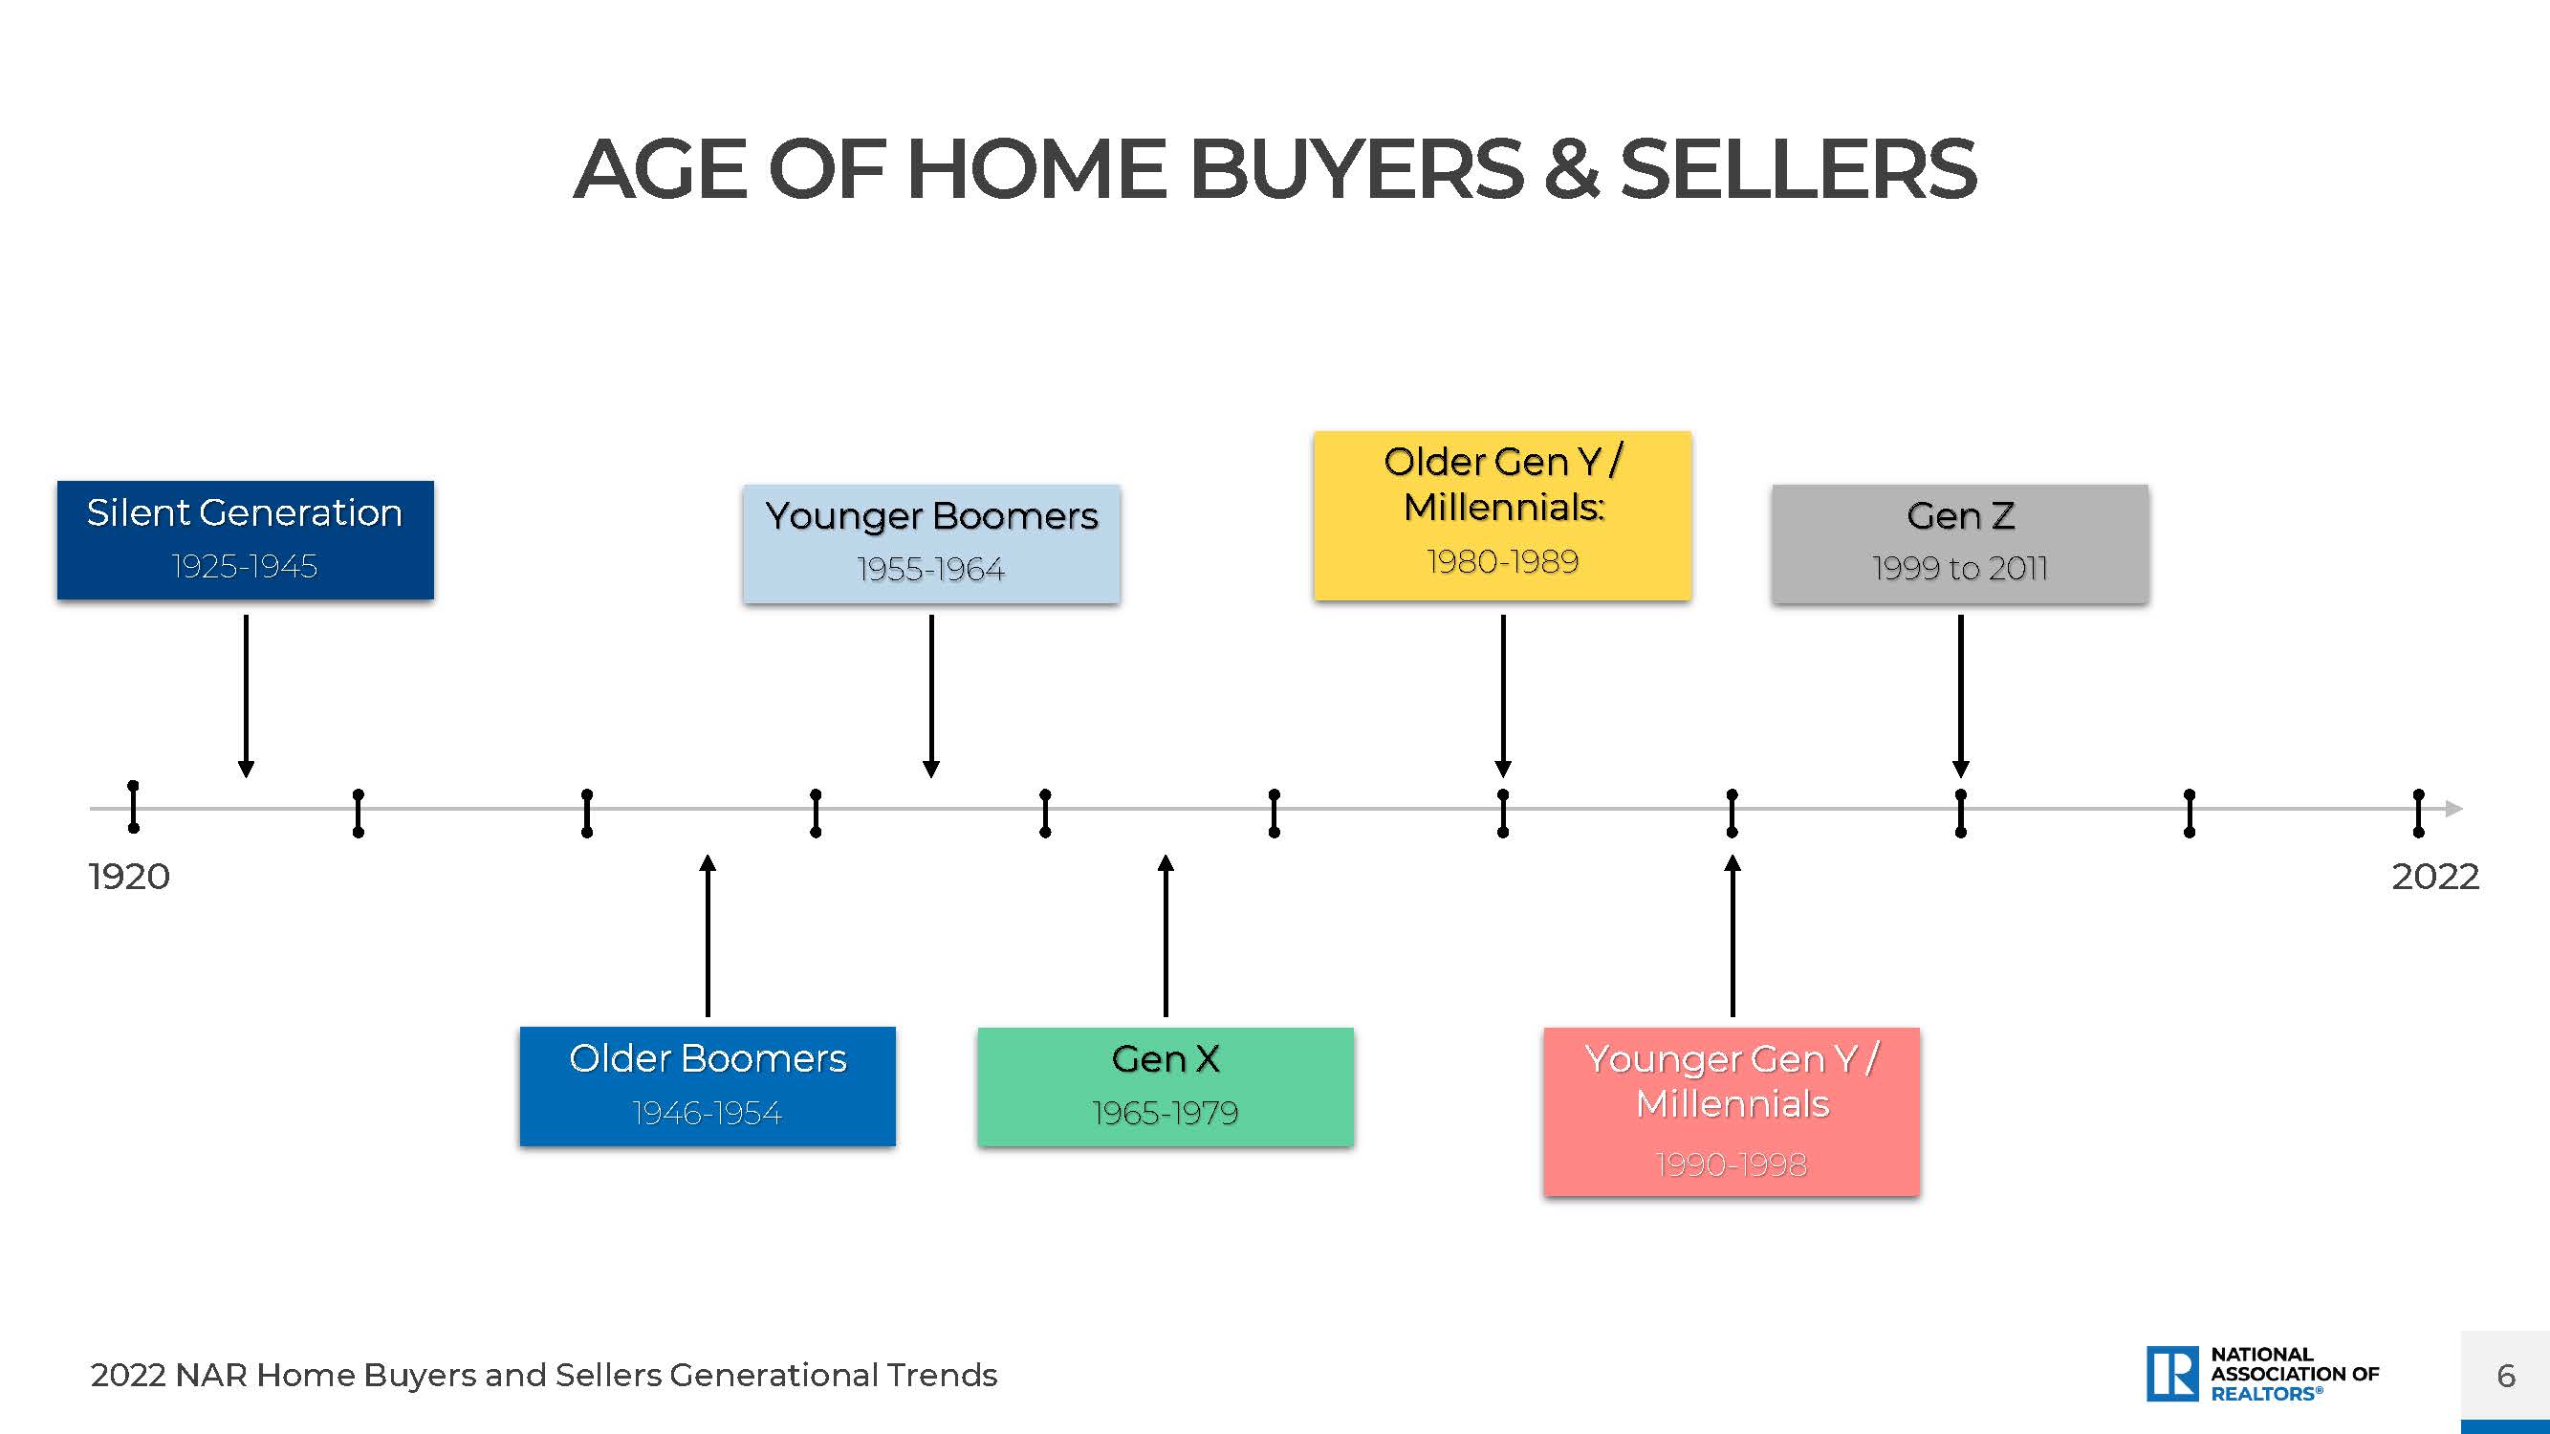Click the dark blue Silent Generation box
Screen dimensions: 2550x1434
coord(246,540)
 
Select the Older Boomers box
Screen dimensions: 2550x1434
coord(708,1086)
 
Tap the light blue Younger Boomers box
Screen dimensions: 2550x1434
coord(931,543)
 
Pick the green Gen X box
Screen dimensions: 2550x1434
coord(1166,1087)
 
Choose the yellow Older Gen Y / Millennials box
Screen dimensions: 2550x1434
coord(1503,515)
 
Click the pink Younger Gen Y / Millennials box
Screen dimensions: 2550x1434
coord(1732,1112)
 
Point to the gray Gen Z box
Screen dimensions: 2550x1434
coord(1960,543)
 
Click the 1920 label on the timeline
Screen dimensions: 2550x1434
coord(129,877)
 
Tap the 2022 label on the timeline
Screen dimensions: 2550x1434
coord(2435,877)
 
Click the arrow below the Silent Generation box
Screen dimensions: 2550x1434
coord(247,696)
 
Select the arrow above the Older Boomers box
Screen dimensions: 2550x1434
coord(708,935)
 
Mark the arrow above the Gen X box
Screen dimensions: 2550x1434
coord(1166,935)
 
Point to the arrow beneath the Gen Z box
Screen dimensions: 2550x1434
coord(1961,696)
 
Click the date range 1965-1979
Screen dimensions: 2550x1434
coord(1166,1114)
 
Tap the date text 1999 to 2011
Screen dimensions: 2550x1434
coord(1960,568)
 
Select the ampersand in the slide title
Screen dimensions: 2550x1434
coord(1571,169)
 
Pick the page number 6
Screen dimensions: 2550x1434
coord(2506,1376)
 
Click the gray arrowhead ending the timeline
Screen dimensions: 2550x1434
coord(2454,809)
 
